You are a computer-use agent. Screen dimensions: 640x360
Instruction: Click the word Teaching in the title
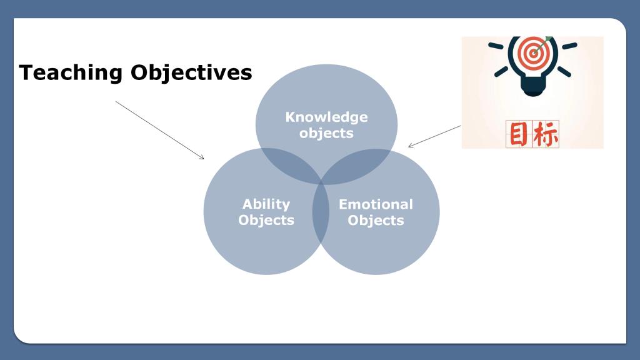click(x=71, y=72)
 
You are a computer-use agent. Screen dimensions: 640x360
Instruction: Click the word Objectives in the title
click(x=191, y=72)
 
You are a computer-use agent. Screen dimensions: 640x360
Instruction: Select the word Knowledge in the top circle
click(x=326, y=117)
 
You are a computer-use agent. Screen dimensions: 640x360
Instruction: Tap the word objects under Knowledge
click(x=326, y=133)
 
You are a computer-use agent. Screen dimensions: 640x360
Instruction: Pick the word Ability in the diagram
click(x=266, y=204)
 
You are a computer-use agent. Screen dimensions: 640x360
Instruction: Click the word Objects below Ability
click(x=266, y=220)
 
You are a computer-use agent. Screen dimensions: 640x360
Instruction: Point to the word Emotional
click(x=376, y=204)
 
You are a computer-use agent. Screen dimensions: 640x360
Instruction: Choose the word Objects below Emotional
click(x=376, y=221)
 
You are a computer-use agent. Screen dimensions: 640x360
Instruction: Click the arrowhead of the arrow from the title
click(x=202, y=158)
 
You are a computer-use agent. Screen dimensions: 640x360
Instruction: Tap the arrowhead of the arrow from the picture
click(x=410, y=146)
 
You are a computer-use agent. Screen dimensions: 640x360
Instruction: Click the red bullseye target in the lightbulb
click(x=532, y=53)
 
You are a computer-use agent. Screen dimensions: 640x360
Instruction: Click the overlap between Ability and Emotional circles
click(x=321, y=212)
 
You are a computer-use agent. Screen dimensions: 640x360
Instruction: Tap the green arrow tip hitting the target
click(x=548, y=39)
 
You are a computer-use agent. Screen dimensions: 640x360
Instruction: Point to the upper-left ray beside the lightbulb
click(x=496, y=46)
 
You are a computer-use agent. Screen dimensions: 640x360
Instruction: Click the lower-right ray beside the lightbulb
click(x=564, y=71)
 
